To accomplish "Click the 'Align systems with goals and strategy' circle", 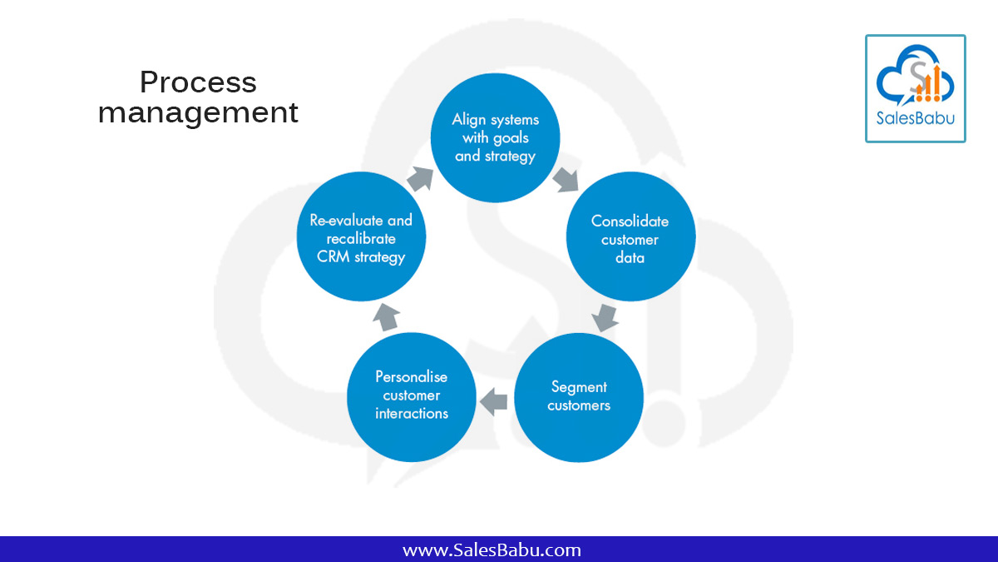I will tap(495, 137).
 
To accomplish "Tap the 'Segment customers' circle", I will tap(579, 397).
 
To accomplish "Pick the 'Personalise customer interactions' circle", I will tap(412, 397).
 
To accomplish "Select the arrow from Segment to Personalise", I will tap(495, 401).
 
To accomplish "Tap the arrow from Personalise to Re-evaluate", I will tap(385, 316).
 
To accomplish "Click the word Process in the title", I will tap(198, 82).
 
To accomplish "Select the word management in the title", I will tap(198, 112).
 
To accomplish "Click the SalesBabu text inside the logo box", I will tap(916, 117).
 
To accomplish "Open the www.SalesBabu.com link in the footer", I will tap(492, 550).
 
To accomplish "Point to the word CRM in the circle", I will tap(334, 256).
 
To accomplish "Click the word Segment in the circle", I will tap(579, 387).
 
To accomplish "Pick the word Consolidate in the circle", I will tap(630, 221).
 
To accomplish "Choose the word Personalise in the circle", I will tap(411, 377).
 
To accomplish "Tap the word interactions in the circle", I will tap(411, 414).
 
